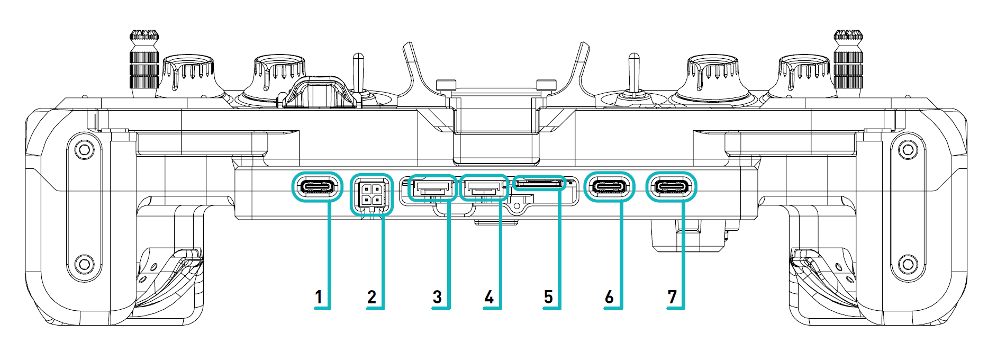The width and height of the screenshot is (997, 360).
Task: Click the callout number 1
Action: (x=319, y=297)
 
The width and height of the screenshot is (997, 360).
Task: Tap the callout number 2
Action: (x=371, y=297)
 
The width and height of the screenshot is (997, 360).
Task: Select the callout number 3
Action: (x=437, y=297)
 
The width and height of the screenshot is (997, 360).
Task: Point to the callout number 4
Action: (x=489, y=297)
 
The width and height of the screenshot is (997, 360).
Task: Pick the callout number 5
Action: (x=549, y=297)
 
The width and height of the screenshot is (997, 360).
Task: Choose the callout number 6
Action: (x=609, y=297)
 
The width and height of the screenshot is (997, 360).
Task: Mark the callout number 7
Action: (x=672, y=297)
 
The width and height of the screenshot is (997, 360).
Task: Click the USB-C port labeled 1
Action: (x=318, y=187)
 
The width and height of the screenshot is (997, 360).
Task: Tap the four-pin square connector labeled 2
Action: (x=371, y=194)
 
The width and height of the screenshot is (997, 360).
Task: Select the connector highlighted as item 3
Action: (x=432, y=188)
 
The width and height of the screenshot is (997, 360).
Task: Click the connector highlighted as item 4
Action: (x=483, y=187)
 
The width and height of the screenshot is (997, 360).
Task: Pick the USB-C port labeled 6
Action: (x=610, y=187)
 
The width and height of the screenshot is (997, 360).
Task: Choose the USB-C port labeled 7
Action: (x=672, y=187)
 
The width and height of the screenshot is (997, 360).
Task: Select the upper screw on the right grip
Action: (x=908, y=150)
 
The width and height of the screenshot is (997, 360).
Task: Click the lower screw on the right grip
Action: (x=908, y=263)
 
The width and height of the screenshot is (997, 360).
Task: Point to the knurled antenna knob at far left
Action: (x=144, y=61)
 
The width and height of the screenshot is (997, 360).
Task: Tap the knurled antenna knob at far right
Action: (x=848, y=61)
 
